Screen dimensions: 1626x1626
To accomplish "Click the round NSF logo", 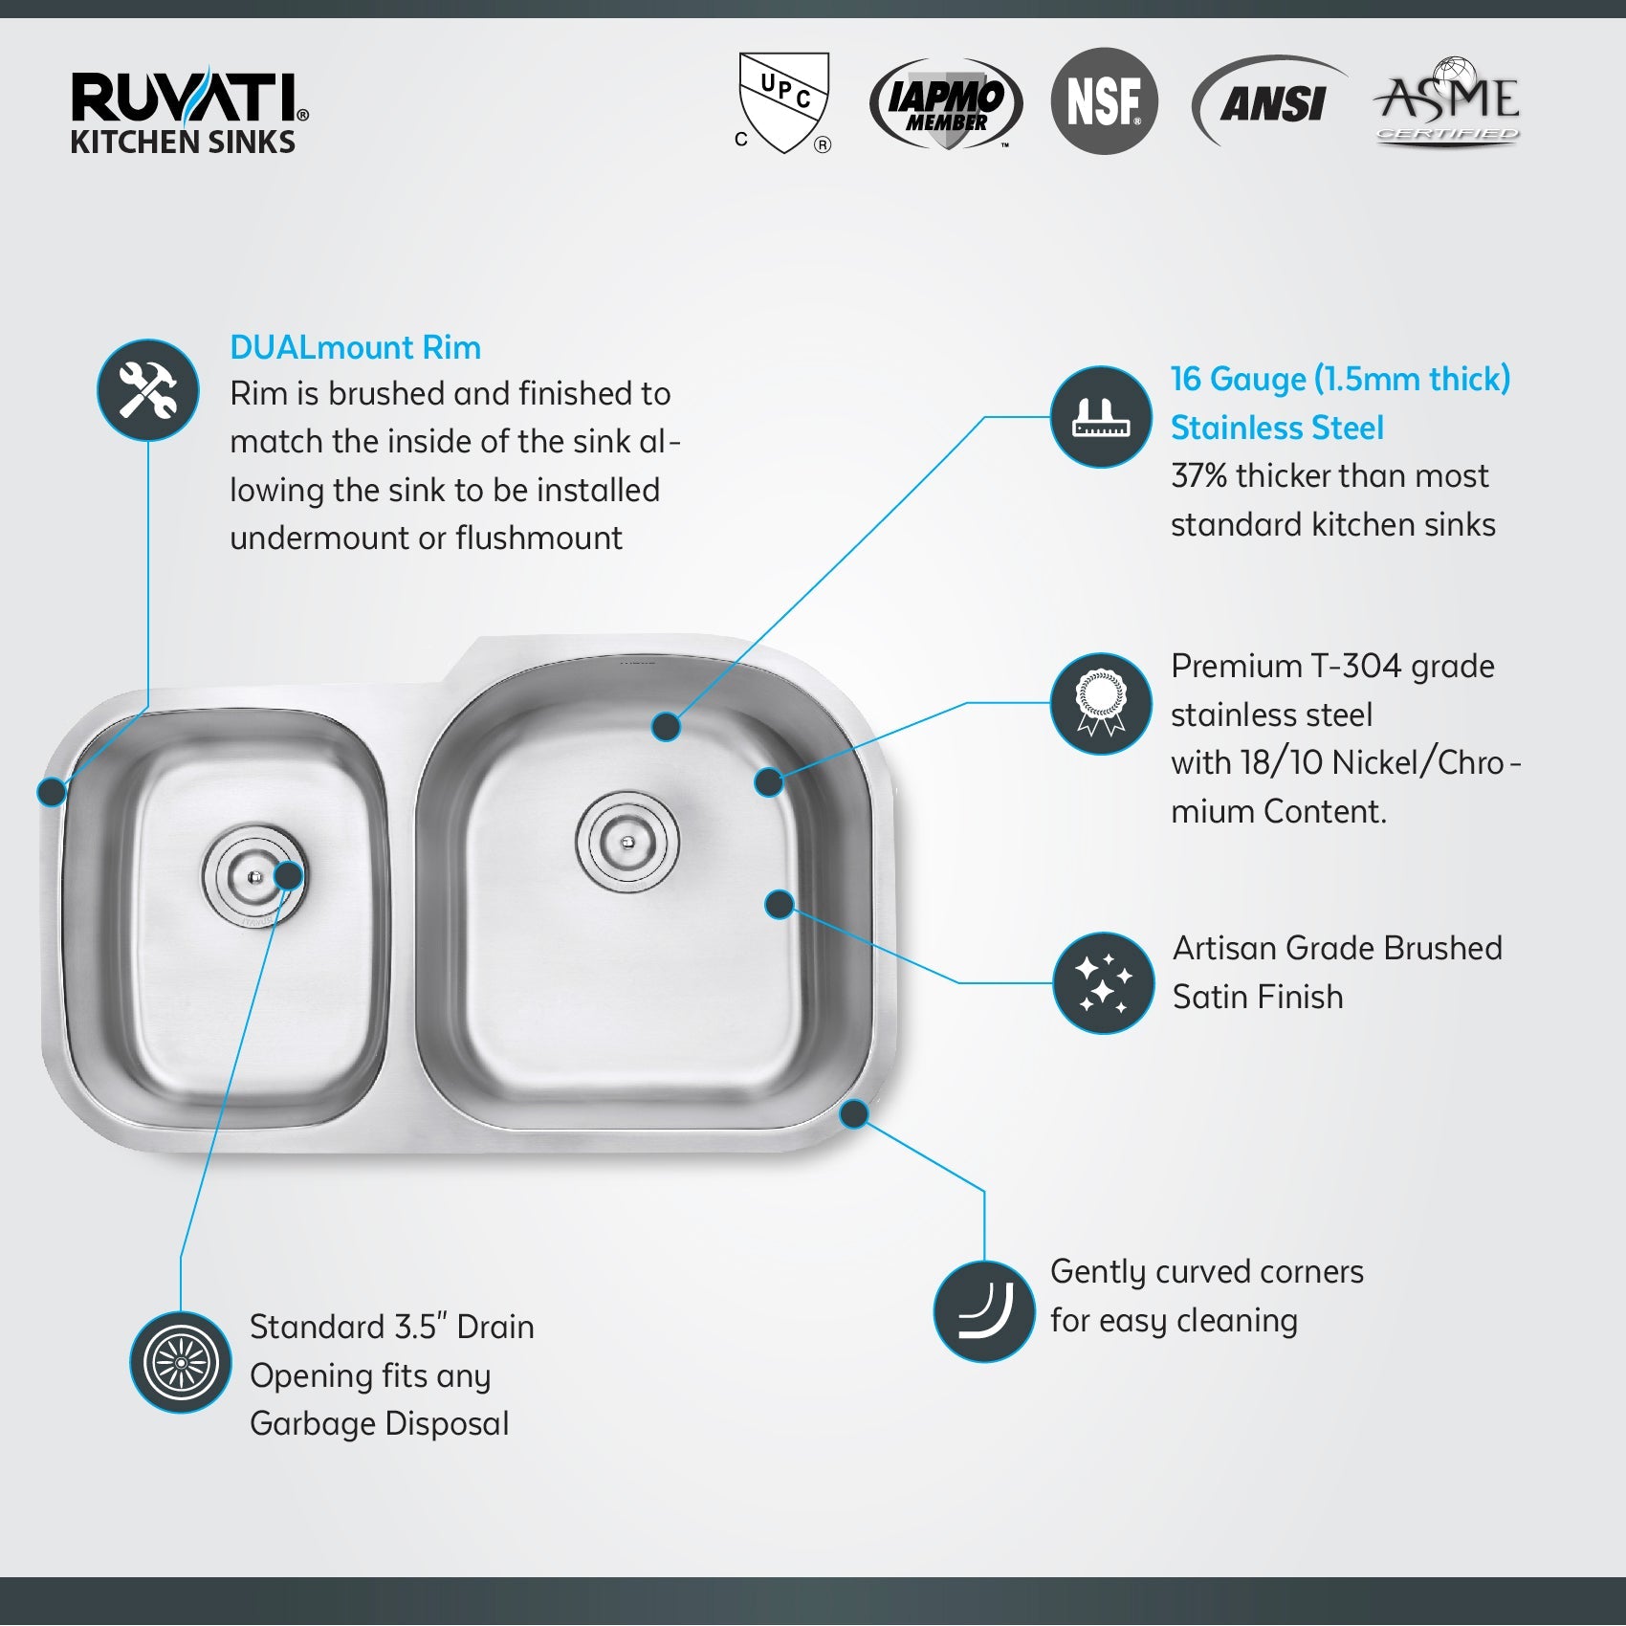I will tap(1104, 101).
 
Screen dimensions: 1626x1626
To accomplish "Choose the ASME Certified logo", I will tap(1447, 100).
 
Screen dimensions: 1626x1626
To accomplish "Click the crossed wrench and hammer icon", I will tap(148, 391).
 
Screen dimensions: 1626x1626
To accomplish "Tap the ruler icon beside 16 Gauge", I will tap(1101, 417).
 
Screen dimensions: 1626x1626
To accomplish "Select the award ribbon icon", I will tap(1101, 704).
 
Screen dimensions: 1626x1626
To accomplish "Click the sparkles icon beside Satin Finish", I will tap(1103, 983).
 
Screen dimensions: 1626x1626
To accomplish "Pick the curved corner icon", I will tap(984, 1311).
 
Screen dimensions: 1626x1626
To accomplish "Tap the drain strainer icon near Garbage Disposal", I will tap(181, 1362).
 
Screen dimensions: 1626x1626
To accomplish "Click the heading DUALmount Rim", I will tap(355, 347).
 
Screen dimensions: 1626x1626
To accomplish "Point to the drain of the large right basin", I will tap(627, 842).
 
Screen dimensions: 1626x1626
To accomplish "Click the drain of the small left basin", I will tap(253, 876).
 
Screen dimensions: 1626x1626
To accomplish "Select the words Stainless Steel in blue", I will tap(1277, 428).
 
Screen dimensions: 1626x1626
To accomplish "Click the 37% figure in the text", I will tap(1198, 475).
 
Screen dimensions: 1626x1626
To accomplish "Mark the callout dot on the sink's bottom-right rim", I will tap(853, 1113).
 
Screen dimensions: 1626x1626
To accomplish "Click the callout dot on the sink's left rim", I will tap(52, 791).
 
